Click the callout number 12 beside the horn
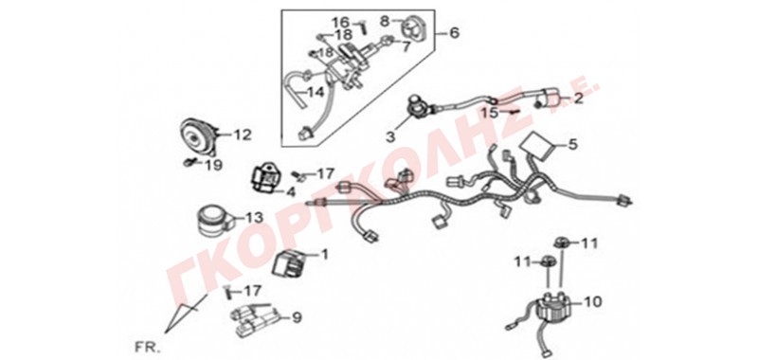tap(244, 135)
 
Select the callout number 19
tap(214, 166)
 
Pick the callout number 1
tap(324, 254)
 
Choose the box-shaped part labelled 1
tap(288, 264)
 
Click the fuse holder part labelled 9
tap(255, 319)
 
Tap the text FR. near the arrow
tap(142, 347)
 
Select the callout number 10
tap(594, 302)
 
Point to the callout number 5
tap(572, 144)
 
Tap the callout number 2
tap(578, 99)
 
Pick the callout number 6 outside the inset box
tap(454, 33)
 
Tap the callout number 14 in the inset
tap(316, 92)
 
